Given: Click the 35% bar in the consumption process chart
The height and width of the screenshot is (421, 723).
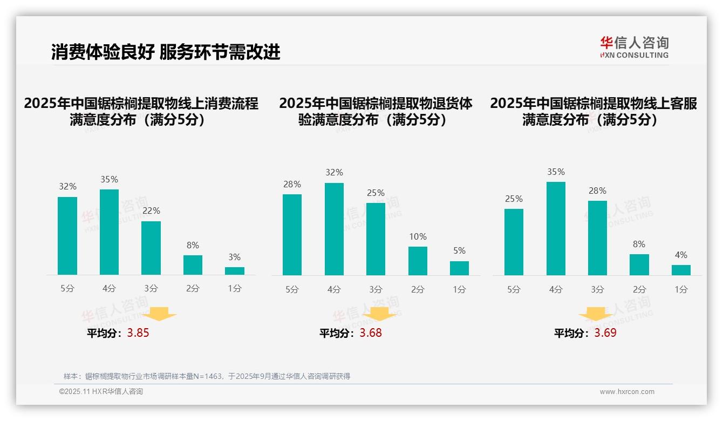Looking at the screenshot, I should tap(110, 232).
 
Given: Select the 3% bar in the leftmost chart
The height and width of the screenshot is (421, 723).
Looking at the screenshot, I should tap(235, 271).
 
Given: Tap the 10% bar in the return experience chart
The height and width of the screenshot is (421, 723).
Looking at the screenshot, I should tap(418, 261).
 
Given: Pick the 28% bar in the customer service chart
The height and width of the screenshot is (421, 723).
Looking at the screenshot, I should tap(597, 238).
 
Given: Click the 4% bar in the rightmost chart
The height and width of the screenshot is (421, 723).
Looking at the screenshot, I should tap(681, 270).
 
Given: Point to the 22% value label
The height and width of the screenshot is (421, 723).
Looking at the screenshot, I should tap(151, 210).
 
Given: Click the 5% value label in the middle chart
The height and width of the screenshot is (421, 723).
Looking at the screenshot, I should tap(459, 250).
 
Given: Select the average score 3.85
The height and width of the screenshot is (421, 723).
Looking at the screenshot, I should tap(138, 333).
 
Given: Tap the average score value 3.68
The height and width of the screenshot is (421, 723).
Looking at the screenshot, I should tap(371, 333).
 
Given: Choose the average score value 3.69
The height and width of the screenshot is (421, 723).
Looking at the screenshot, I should tap(605, 333).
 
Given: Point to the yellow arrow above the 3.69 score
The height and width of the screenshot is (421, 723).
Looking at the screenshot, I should tap(596, 314).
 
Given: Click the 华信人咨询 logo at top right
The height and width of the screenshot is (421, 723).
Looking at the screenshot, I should tap(634, 47).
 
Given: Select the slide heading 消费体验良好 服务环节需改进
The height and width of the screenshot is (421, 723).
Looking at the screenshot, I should tap(166, 52).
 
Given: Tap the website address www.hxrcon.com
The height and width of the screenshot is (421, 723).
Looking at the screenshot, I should tap(627, 392).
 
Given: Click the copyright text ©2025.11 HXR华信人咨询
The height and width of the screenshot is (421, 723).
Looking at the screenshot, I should tap(101, 392).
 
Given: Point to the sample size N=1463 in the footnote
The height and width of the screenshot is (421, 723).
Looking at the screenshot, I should tap(207, 376).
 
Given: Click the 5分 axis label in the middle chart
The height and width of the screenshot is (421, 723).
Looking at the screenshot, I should tap(292, 289).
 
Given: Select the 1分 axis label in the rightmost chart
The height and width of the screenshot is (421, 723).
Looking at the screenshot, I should tap(681, 289).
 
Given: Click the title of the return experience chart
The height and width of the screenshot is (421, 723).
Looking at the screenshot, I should tap(376, 111).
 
